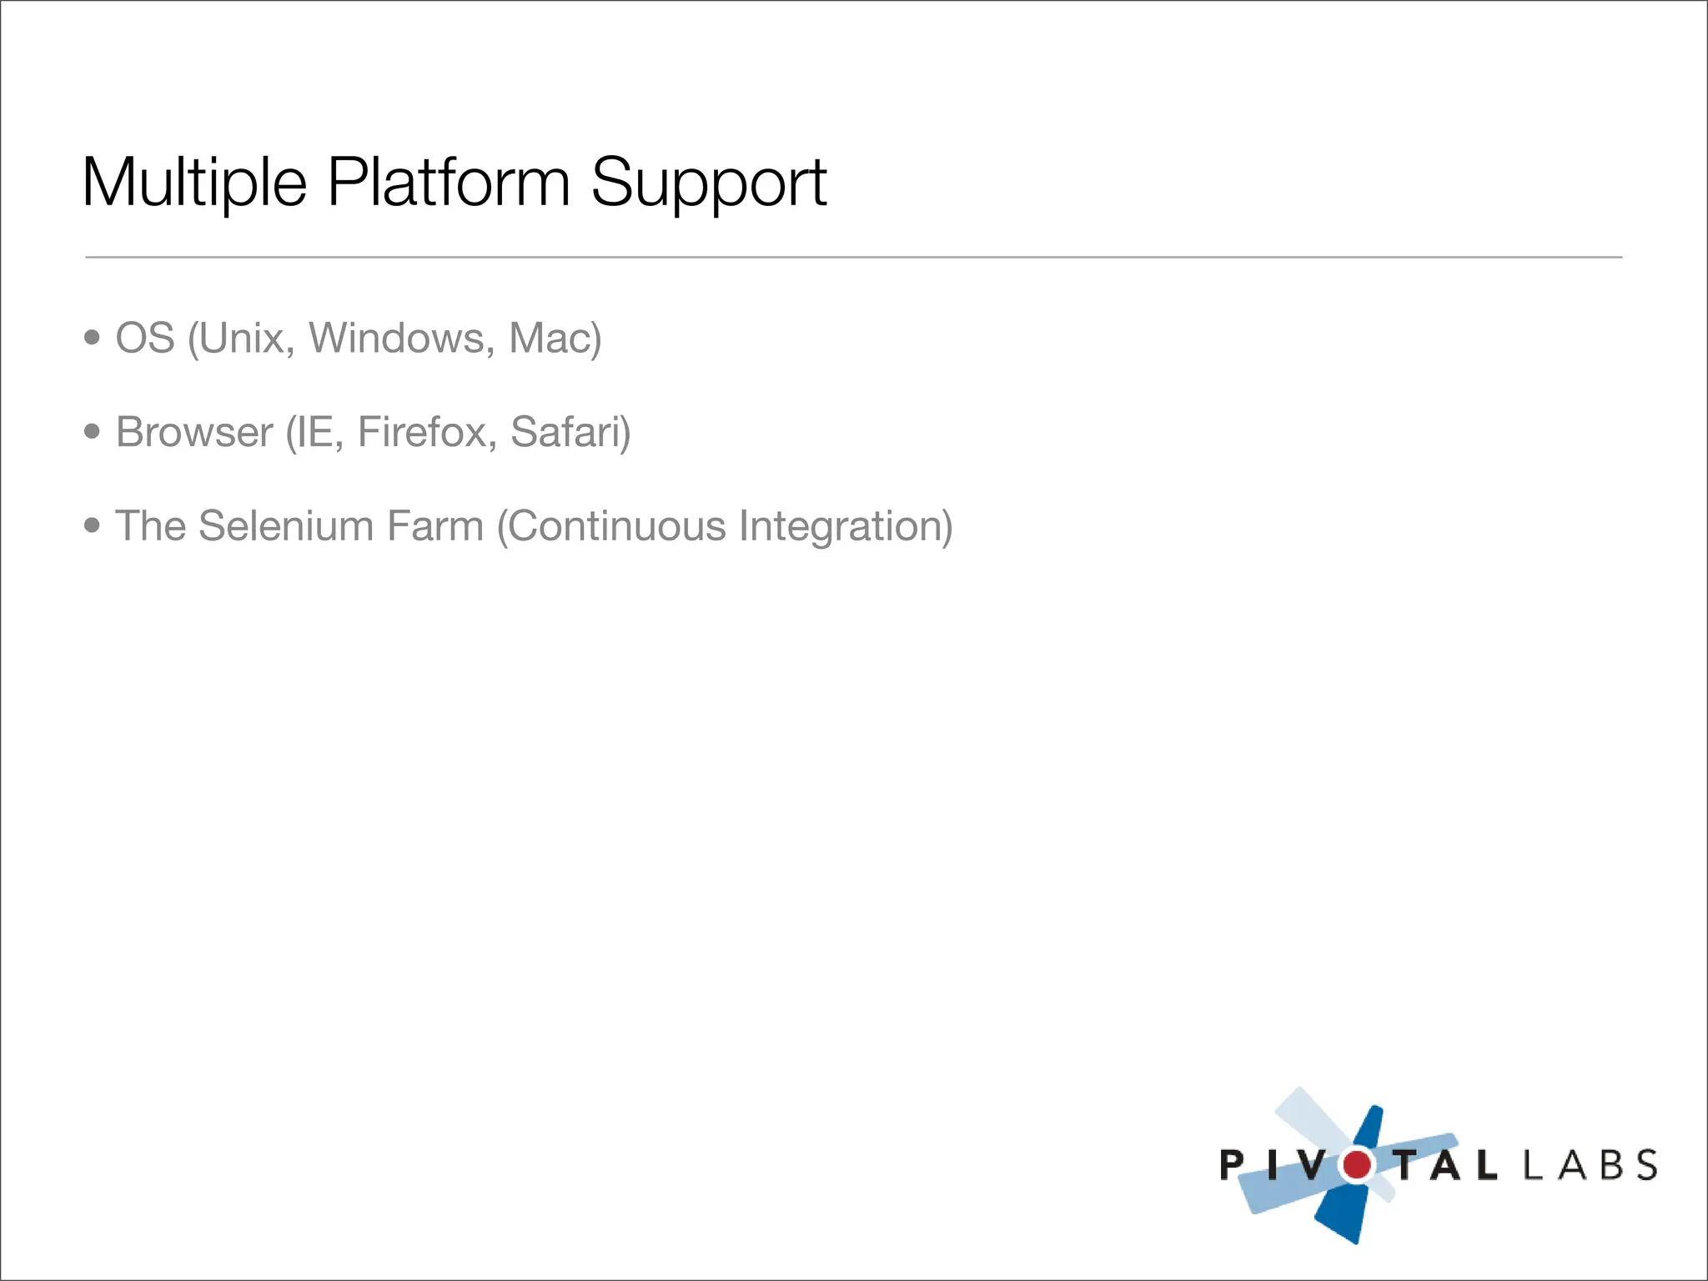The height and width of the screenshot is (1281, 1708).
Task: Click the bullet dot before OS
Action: [92, 338]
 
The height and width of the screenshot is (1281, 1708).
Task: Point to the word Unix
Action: [244, 338]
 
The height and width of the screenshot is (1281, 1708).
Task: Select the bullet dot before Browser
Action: [92, 431]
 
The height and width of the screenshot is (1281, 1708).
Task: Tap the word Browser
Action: [194, 432]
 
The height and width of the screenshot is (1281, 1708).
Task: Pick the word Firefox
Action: [421, 432]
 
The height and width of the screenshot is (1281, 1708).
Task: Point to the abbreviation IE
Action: [313, 432]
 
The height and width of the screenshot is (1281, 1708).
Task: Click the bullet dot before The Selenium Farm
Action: [92, 525]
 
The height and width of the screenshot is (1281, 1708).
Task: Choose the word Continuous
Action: [617, 526]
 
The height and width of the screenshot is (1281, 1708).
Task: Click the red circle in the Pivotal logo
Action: [1357, 1164]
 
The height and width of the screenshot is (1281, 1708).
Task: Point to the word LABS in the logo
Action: [1590, 1165]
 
